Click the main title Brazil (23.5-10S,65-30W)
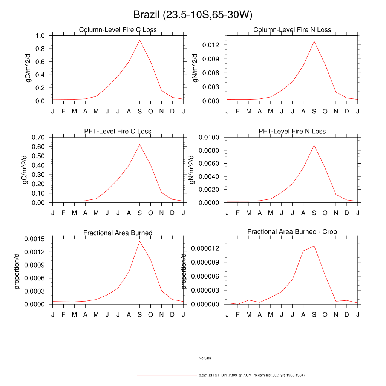tap(193, 15)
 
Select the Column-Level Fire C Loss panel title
tap(118, 30)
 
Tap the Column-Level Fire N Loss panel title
tap(292, 30)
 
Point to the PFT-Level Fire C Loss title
tap(118, 132)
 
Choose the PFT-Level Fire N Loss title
tap(292, 132)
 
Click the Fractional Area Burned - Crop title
tap(292, 232)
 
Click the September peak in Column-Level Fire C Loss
tap(140, 40)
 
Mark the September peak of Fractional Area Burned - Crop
tap(314, 246)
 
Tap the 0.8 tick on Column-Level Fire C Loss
tap(40, 49)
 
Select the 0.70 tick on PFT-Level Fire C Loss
tap(38, 137)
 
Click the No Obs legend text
tap(205, 358)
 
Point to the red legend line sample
tap(166, 375)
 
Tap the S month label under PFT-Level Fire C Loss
tap(140, 213)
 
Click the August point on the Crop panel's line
tap(303, 251)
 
